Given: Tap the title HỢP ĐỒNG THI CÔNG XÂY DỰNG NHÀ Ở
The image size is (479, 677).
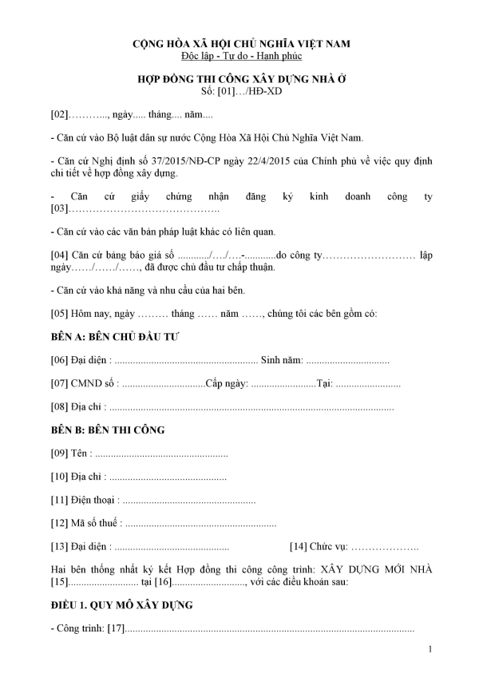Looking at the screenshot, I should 240,79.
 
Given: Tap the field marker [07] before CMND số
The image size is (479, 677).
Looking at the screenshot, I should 59,384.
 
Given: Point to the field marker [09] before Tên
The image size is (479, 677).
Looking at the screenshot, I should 59,454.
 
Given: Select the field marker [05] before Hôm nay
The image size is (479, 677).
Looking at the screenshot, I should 59,314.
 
